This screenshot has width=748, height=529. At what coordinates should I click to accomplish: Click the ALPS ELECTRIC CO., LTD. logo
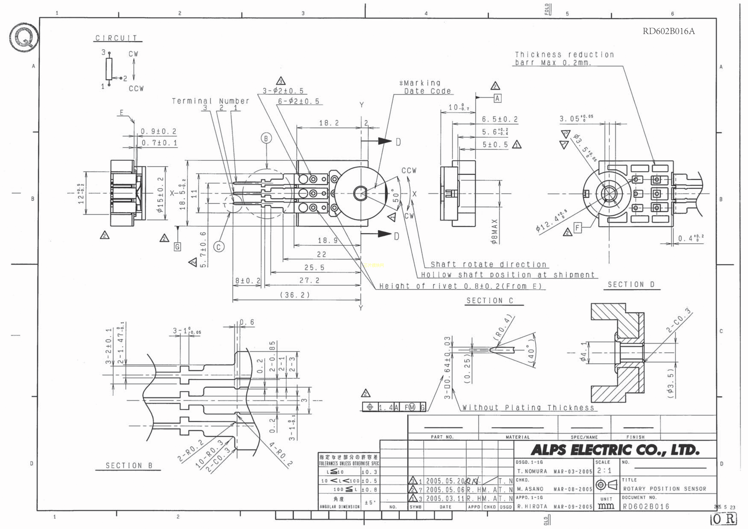point(615,450)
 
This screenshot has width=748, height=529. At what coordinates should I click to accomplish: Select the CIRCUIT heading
point(116,38)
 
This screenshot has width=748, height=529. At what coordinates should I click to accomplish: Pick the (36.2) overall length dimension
point(295,295)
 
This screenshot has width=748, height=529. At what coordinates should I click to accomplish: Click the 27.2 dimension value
point(309,280)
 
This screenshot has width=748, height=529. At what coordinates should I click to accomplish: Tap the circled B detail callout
point(266,138)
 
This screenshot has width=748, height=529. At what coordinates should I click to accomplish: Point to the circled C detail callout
point(219,247)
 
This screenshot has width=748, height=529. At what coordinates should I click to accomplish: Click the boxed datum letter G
point(177,247)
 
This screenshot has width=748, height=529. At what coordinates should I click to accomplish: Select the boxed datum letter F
point(577,228)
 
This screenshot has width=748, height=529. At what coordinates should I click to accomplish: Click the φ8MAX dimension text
point(494,231)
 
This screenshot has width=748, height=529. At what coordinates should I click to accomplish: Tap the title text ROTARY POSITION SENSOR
point(665,489)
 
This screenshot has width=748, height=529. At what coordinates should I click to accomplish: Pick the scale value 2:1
point(604,471)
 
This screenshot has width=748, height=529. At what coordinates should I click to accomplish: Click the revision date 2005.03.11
point(445,498)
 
